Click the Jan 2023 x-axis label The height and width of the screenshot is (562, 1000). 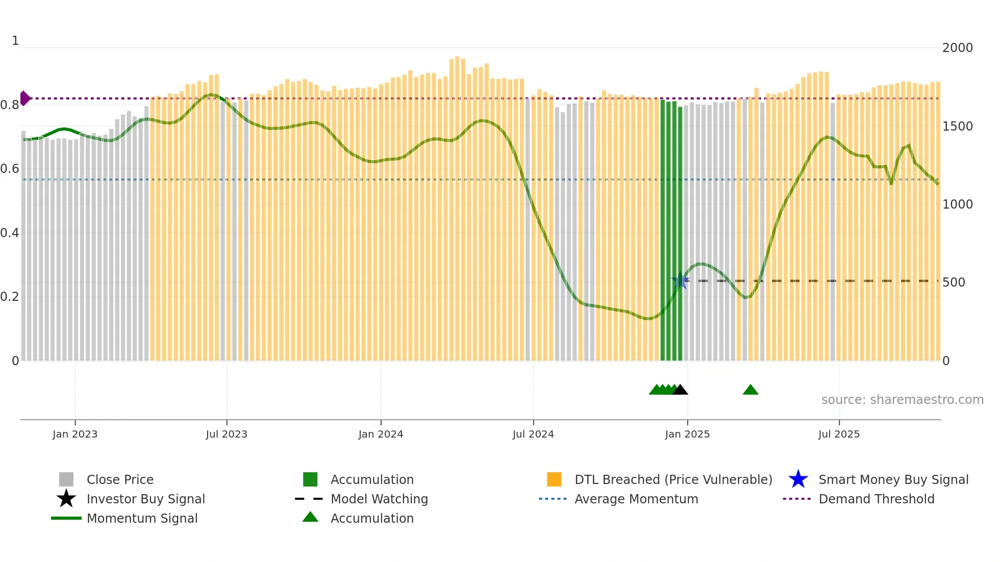click(75, 434)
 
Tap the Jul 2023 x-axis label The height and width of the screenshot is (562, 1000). click(227, 434)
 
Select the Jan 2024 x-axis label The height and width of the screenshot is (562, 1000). click(381, 434)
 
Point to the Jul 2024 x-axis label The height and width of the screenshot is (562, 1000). click(533, 434)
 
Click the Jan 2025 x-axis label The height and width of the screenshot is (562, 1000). click(687, 434)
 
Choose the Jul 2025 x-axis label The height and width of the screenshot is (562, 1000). click(839, 434)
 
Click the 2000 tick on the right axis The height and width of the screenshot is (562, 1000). click(958, 48)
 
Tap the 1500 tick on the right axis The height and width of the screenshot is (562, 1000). click(958, 126)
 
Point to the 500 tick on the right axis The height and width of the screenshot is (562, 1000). click(954, 283)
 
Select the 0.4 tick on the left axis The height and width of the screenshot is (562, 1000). click(10, 233)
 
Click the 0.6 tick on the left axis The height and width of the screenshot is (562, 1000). click(10, 169)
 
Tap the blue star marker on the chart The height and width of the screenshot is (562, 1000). click(680, 280)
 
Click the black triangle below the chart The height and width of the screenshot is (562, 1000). click(680, 390)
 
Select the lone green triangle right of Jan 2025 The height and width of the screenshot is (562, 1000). click(751, 390)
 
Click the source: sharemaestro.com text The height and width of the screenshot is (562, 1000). click(902, 400)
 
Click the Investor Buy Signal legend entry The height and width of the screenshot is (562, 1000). click(145, 499)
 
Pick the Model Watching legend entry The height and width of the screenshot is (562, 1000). click(379, 499)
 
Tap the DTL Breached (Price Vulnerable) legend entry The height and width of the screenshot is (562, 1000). click(673, 480)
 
